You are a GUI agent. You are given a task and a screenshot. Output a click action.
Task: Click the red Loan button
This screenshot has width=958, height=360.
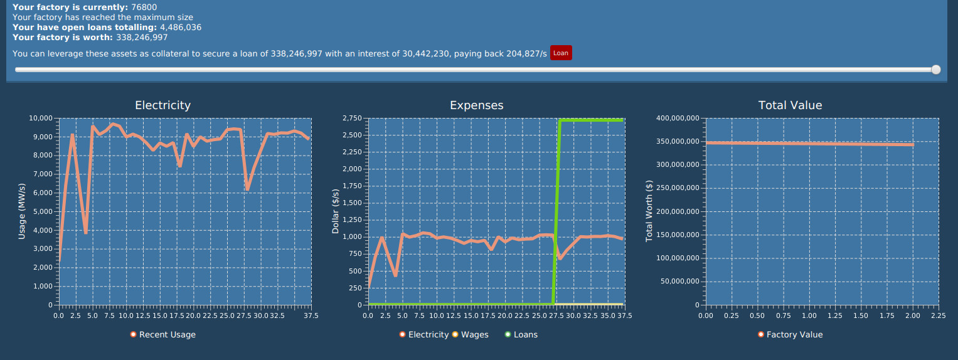tap(561, 53)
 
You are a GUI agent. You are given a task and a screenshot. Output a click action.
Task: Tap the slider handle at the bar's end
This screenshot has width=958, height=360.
tap(936, 70)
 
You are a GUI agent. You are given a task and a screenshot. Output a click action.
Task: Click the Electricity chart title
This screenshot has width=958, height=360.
tap(163, 105)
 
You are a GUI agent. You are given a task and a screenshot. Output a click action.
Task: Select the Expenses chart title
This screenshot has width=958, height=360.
tap(477, 105)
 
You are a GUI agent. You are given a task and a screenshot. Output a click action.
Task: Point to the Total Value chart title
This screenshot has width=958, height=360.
tap(790, 105)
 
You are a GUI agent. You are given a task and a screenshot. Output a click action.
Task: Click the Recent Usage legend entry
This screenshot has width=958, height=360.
tap(167, 335)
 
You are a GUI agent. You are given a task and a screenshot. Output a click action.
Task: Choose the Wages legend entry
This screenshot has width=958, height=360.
tap(474, 335)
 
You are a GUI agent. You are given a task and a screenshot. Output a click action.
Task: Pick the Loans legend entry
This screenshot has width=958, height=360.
tap(525, 335)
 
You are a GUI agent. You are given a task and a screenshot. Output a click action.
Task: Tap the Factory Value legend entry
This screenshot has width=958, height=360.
tap(794, 335)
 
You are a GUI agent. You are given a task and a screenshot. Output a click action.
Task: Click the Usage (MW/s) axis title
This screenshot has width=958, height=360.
tap(22, 211)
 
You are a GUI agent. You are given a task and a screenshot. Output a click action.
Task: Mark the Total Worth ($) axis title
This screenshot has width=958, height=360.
tap(649, 211)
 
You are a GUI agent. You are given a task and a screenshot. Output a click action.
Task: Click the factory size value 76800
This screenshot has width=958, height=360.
tap(144, 8)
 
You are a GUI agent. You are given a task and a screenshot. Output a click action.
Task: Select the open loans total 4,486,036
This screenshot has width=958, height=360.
tap(181, 28)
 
